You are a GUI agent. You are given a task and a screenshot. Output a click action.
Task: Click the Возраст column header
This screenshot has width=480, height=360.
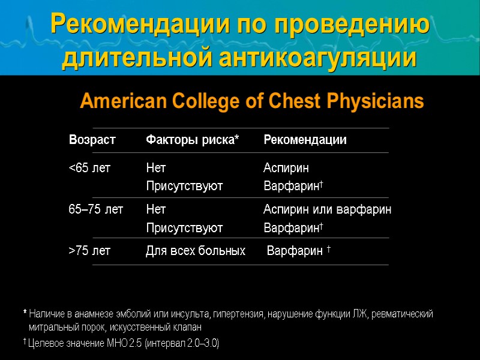pos(92,140)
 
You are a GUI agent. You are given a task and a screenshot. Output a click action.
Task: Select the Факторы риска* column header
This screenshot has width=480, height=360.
pos(192,140)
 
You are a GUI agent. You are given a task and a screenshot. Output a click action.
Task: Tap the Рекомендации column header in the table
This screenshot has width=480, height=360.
pos(305,140)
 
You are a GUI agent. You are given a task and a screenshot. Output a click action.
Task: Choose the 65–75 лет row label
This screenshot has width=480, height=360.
pos(96,209)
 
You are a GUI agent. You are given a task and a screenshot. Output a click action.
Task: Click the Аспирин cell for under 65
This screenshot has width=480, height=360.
pos(286,168)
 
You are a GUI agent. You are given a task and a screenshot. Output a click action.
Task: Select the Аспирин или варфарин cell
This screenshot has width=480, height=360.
pos(327,209)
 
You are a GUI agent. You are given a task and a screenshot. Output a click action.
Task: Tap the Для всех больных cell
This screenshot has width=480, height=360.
pos(196,251)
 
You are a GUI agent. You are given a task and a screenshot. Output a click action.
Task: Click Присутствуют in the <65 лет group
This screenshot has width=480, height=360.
pos(184,186)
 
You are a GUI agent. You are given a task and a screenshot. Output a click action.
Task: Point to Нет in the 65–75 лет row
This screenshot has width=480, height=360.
pos(156,209)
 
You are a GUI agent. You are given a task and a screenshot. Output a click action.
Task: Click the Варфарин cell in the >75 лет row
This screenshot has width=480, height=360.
pos(295,251)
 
